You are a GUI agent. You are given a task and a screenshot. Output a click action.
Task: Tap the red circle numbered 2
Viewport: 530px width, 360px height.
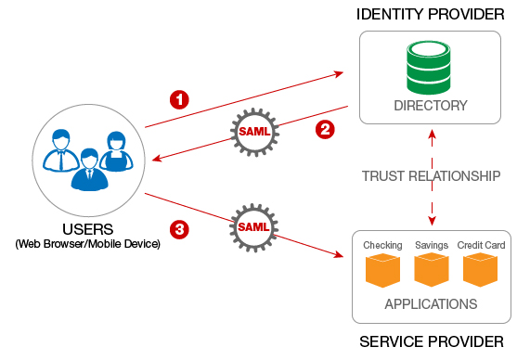tap(324, 129)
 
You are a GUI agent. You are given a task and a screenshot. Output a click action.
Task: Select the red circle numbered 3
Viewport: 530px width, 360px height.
tap(181, 228)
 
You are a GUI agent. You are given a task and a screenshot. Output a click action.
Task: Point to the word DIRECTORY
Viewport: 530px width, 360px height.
tap(430, 106)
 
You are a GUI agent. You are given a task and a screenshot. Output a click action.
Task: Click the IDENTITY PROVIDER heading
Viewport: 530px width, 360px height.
tap(430, 14)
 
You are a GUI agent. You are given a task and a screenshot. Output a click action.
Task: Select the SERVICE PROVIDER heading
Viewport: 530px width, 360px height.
tap(432, 341)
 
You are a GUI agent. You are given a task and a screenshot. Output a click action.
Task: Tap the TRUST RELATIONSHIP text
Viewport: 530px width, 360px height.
tap(432, 175)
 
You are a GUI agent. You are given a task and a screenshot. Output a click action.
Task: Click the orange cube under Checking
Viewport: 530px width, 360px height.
tap(382, 271)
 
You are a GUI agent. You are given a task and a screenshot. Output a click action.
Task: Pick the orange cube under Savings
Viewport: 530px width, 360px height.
tap(432, 271)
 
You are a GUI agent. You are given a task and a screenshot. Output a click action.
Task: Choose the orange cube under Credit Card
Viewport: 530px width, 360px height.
tap(480, 271)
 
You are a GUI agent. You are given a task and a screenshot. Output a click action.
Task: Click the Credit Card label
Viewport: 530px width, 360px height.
tap(480, 245)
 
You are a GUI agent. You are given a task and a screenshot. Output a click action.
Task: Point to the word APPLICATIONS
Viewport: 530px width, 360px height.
tap(432, 303)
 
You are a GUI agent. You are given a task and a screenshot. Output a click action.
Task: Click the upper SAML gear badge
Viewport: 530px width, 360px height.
tap(254, 131)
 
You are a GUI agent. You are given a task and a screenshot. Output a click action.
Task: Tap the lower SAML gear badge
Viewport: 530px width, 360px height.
tap(254, 227)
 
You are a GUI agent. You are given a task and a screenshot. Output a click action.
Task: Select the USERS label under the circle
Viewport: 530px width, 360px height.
tap(88, 229)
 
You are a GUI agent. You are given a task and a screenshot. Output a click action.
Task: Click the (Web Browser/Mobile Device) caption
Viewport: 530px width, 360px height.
tap(88, 244)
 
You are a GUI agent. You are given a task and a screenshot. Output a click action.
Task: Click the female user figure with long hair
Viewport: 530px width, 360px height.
tap(116, 153)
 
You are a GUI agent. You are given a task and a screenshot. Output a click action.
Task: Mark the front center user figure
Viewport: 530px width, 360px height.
tap(89, 170)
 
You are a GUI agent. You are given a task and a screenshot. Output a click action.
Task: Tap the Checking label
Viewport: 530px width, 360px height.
tap(382, 245)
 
